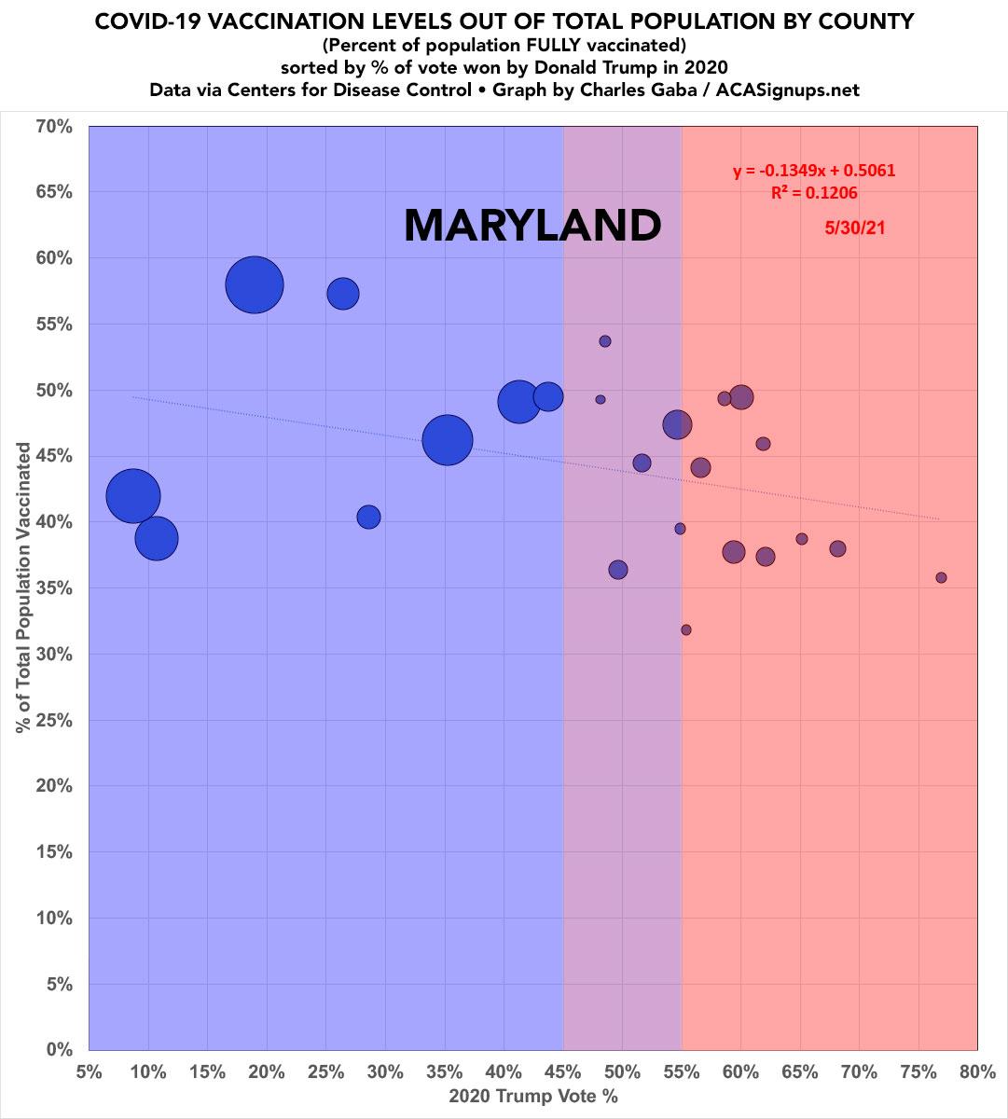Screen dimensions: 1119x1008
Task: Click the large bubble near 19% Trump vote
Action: [x=254, y=285]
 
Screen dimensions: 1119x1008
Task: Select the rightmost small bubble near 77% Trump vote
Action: [x=941, y=577]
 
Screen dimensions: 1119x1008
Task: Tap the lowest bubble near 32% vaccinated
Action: [x=686, y=629]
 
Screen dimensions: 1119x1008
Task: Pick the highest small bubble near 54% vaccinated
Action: [x=605, y=341]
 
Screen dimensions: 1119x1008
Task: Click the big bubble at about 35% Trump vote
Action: [x=448, y=439]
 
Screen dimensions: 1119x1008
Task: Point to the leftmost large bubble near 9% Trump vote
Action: [x=133, y=496]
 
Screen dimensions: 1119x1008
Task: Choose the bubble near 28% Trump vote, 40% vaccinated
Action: [x=368, y=517]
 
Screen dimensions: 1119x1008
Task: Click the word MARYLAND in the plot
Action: [x=532, y=227]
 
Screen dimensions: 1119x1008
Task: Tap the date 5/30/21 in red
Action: [x=854, y=227]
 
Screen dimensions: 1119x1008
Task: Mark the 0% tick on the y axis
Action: [x=59, y=1050]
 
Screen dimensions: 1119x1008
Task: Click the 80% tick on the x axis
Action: [x=977, y=1071]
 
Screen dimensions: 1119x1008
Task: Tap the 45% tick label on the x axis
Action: [x=563, y=1071]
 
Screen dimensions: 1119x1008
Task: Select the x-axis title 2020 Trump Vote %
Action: [x=533, y=1097]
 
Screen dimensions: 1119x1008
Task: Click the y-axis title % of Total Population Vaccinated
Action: [x=23, y=587]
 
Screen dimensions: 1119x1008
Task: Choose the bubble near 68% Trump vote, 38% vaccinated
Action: [x=837, y=548]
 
